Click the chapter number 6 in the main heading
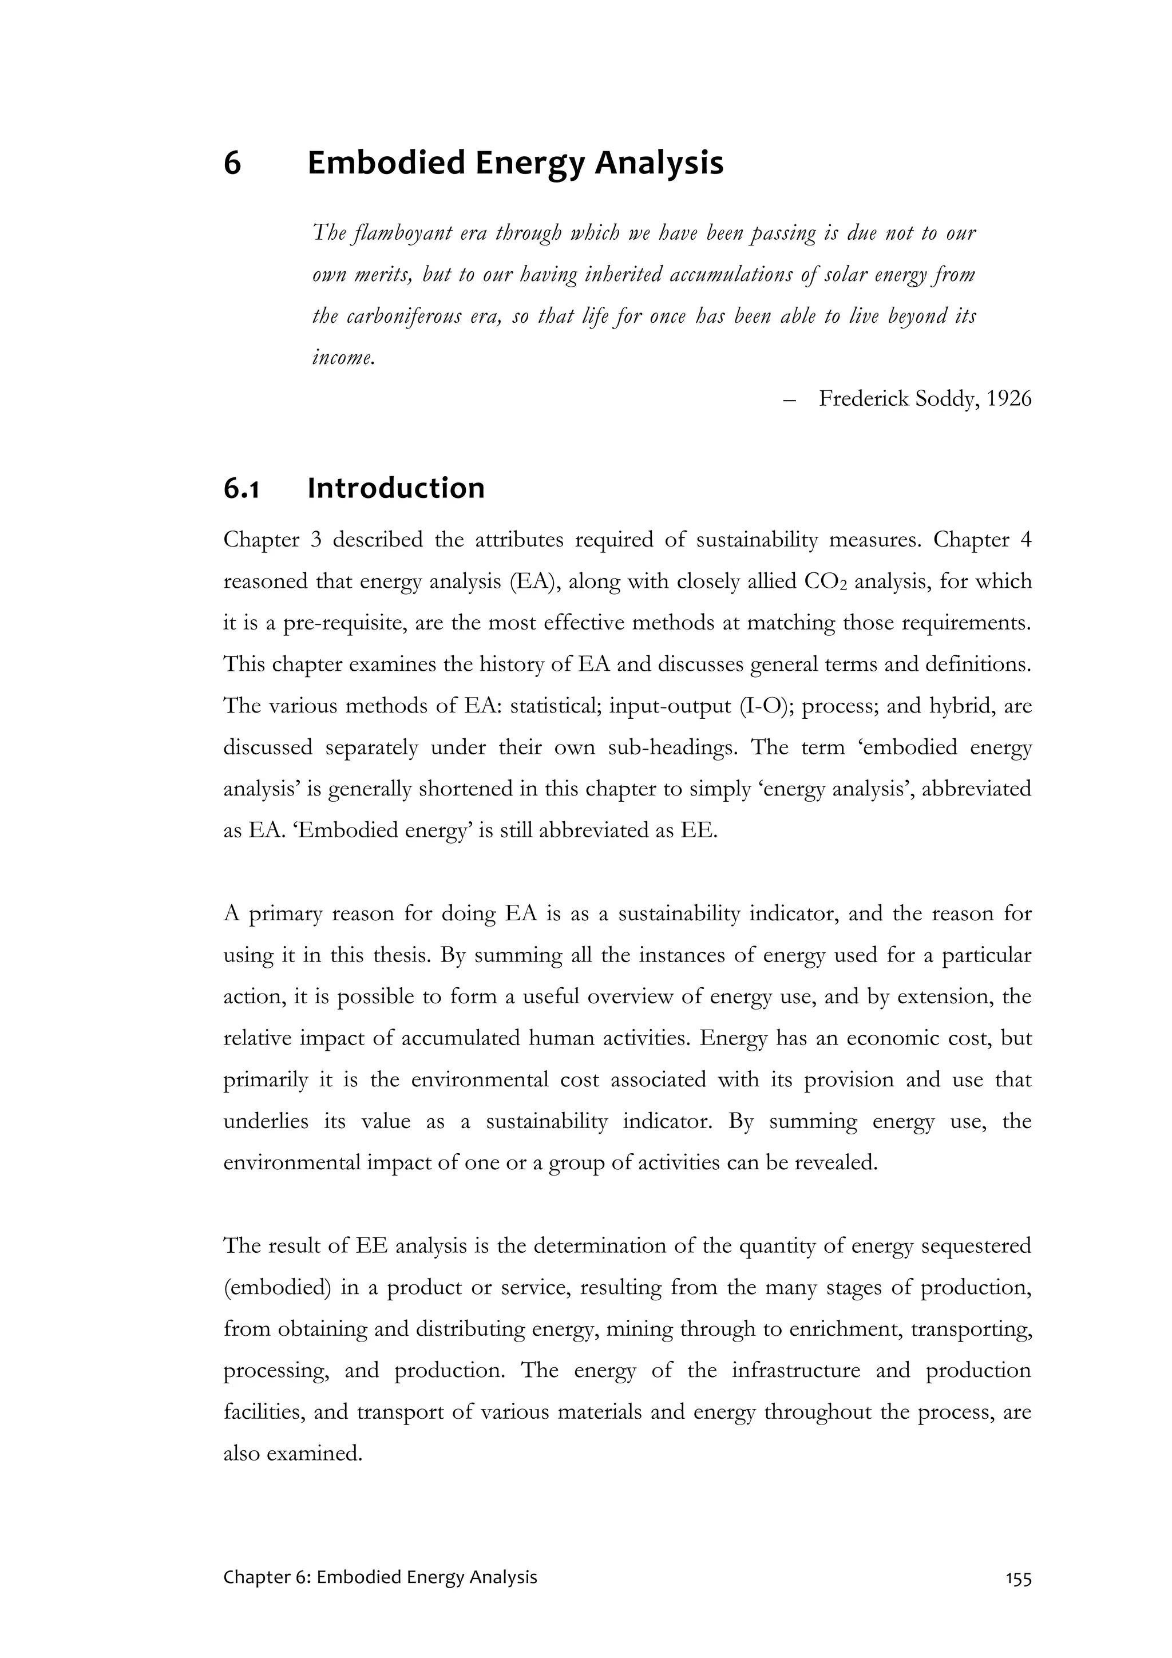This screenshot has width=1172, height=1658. coord(232,163)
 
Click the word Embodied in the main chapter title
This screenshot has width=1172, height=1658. coord(386,163)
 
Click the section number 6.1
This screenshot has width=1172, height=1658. coord(240,489)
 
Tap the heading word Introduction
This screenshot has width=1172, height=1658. coord(395,489)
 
